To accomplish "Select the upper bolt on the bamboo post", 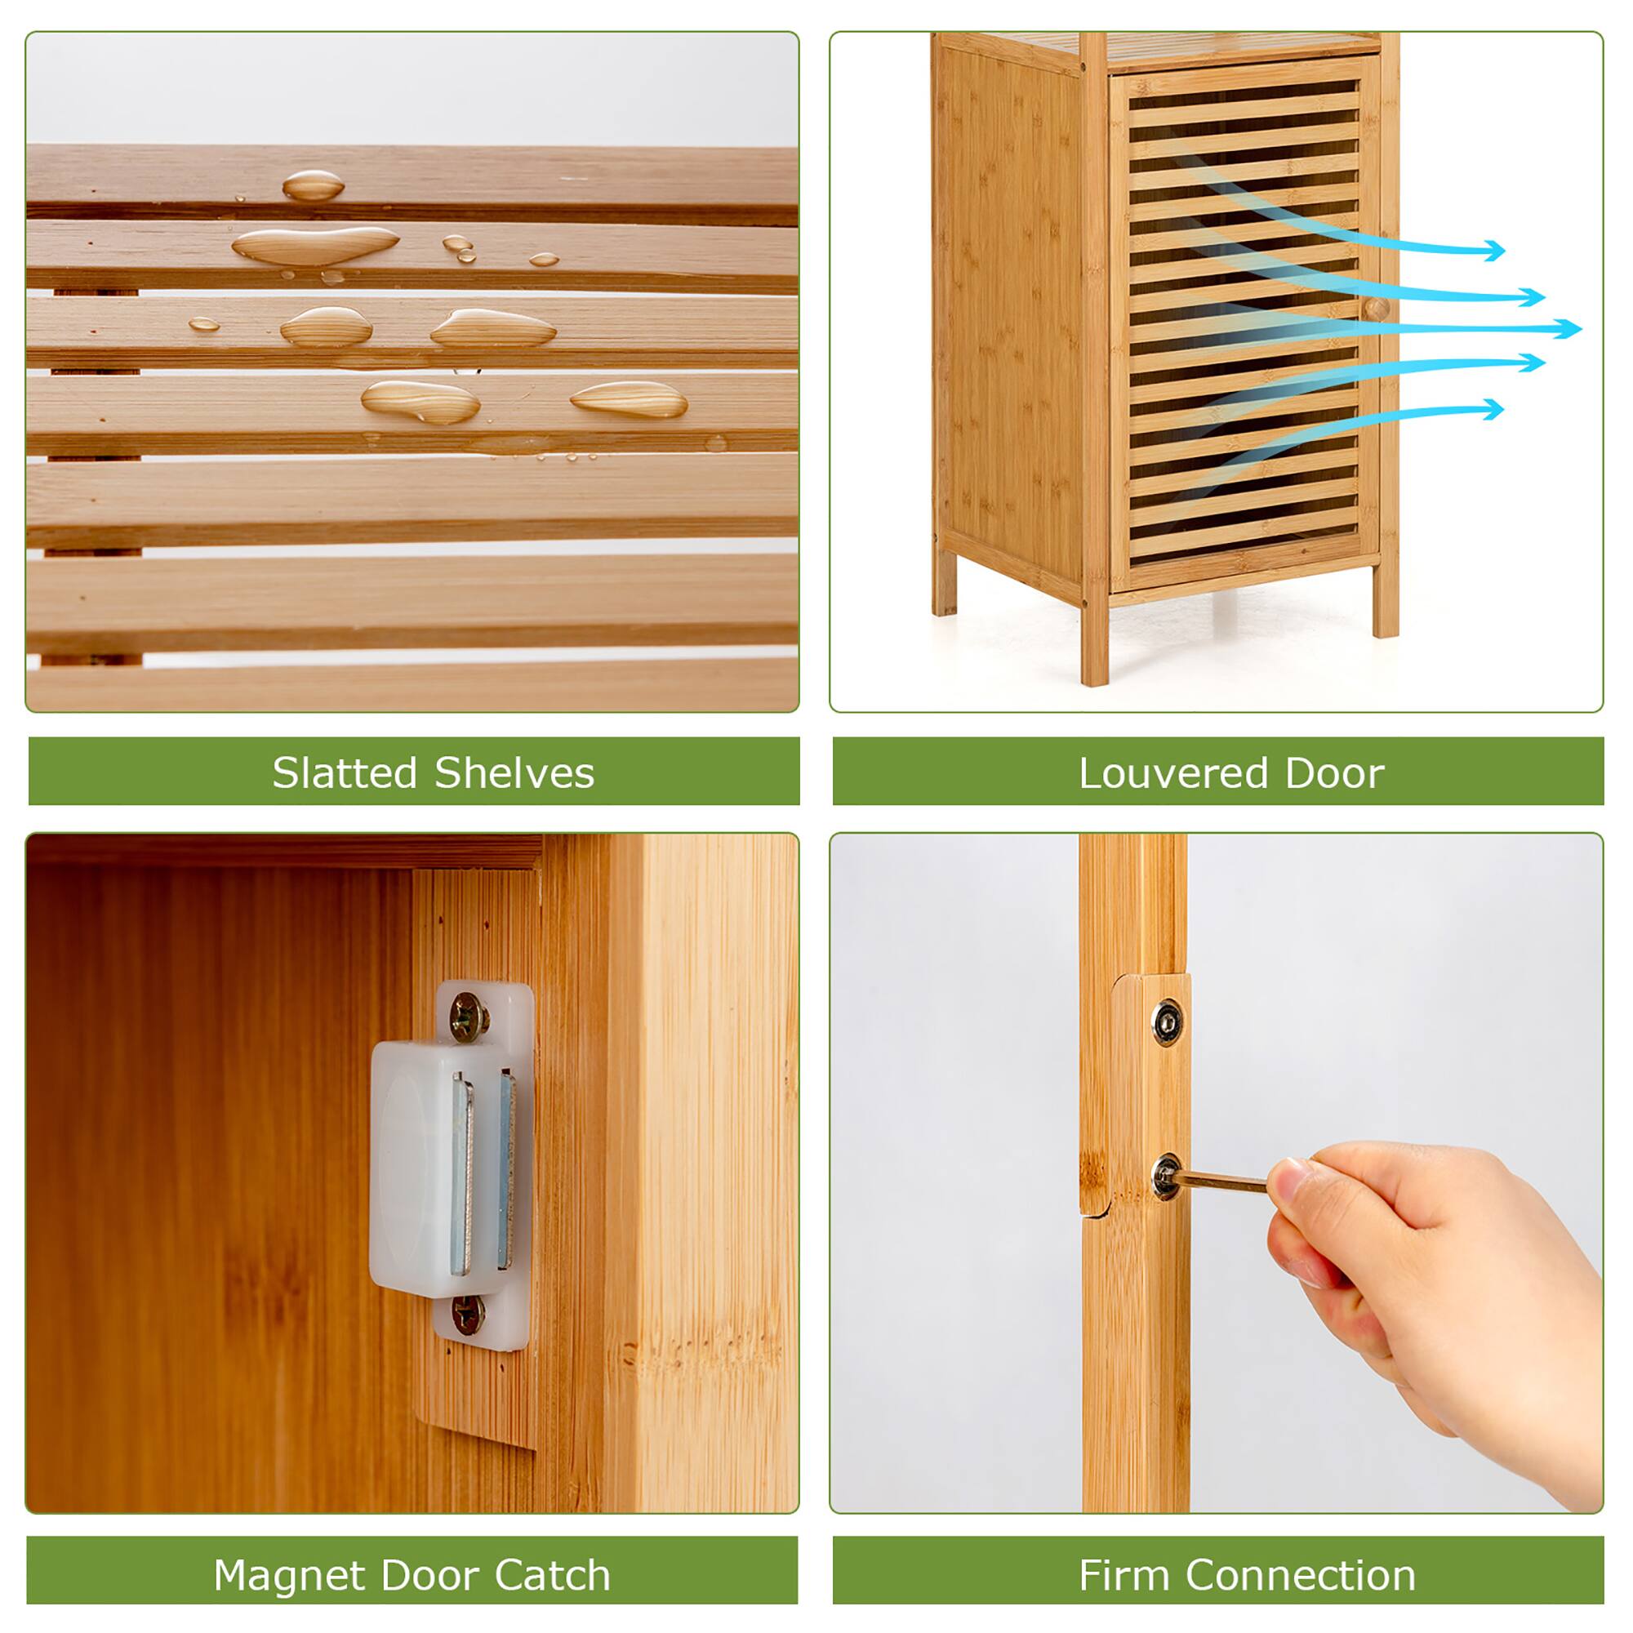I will [1168, 1021].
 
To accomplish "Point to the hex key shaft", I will [1221, 1181].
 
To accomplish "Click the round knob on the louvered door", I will [1375, 309].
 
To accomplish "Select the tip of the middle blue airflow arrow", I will [1579, 329].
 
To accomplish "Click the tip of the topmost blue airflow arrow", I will [1503, 250].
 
